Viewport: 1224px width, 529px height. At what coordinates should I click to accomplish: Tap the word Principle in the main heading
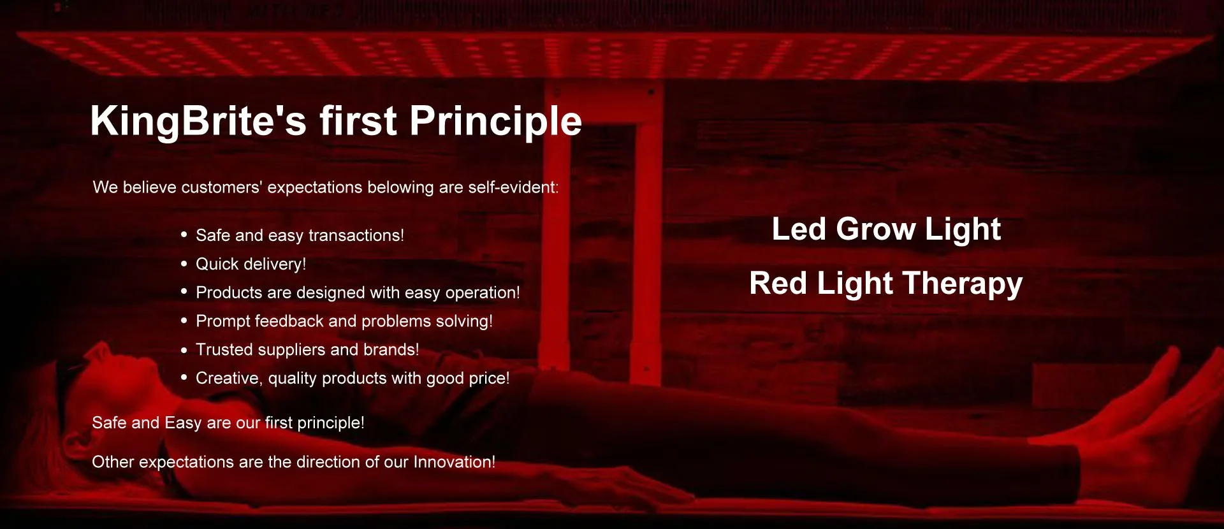(495, 121)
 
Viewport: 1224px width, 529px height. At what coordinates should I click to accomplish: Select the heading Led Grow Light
(886, 229)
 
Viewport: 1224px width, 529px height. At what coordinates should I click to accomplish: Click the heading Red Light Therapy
(886, 284)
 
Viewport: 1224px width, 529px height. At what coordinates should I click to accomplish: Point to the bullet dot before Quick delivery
(184, 263)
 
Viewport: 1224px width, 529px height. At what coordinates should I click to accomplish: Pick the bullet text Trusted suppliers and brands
(307, 349)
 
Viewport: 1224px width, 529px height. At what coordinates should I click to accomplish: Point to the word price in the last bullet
(489, 378)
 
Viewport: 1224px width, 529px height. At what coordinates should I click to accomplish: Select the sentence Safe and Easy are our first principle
(228, 423)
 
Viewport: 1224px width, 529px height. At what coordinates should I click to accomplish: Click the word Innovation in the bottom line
(454, 461)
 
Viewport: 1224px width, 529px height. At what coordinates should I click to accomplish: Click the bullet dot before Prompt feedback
(184, 321)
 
